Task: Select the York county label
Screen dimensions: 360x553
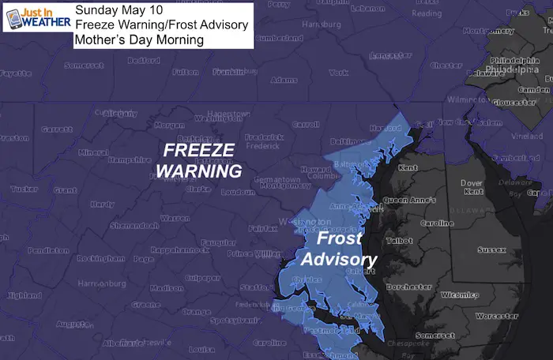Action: point(338,72)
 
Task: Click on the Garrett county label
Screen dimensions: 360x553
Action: point(56,129)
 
